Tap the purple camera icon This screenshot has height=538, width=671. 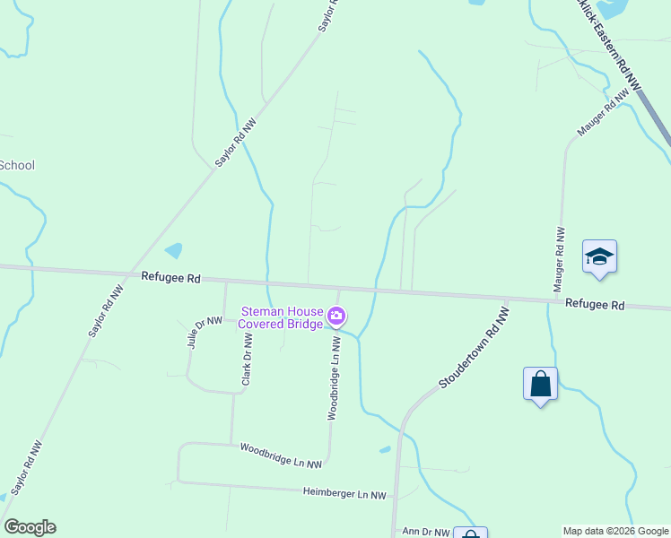point(336,316)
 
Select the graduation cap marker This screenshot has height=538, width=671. point(599,257)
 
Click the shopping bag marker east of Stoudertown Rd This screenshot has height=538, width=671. point(540,384)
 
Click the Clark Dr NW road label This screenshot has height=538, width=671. point(247,360)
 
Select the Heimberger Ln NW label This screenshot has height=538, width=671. point(344,494)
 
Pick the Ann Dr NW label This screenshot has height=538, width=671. point(424,532)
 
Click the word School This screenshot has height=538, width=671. point(16,165)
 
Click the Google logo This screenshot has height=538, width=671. point(30,527)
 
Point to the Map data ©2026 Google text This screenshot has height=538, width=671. point(615,531)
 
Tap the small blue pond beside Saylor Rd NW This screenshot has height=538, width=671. point(174,250)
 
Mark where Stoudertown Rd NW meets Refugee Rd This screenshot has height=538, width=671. point(508,299)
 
